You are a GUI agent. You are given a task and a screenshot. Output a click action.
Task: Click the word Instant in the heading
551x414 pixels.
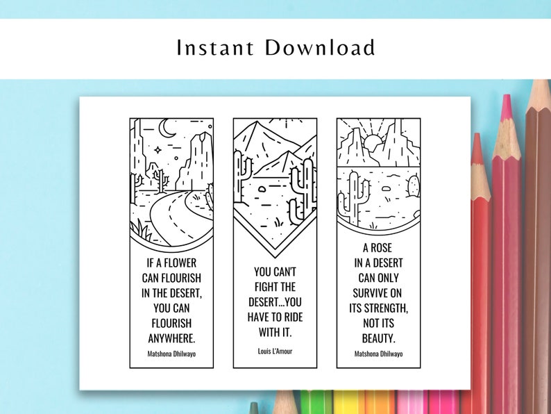tap(215, 48)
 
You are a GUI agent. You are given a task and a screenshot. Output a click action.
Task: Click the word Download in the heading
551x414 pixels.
tap(321, 48)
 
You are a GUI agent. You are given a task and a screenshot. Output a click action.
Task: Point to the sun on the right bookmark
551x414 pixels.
tap(373, 144)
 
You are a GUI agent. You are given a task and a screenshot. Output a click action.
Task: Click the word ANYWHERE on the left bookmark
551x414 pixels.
tap(171, 338)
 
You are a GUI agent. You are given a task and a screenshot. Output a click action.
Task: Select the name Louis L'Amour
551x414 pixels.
tap(275, 351)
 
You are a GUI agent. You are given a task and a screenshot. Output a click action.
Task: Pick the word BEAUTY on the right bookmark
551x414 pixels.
tap(378, 338)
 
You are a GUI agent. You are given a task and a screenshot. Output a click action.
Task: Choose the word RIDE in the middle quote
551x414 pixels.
tap(296, 317)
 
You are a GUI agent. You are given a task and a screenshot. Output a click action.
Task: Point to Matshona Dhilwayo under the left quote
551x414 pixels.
tap(171, 353)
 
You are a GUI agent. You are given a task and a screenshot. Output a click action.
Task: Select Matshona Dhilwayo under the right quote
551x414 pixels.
tap(378, 354)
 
